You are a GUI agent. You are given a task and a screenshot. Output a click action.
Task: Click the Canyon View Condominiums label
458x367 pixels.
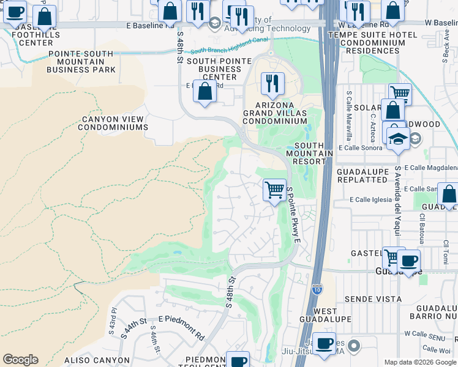pyautogui.click(x=113, y=124)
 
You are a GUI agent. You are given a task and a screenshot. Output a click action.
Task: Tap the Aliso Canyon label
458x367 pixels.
pyautogui.click(x=99, y=361)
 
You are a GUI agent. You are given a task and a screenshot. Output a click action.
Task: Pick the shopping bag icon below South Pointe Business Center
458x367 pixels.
pyautogui.click(x=205, y=91)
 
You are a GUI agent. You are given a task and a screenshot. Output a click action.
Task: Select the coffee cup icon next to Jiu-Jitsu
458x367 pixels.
pyautogui.click(x=324, y=344)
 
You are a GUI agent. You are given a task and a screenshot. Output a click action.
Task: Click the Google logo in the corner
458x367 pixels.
pyautogui.click(x=20, y=360)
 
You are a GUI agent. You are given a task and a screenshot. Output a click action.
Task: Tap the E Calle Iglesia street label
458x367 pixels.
pyautogui.click(x=370, y=199)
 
